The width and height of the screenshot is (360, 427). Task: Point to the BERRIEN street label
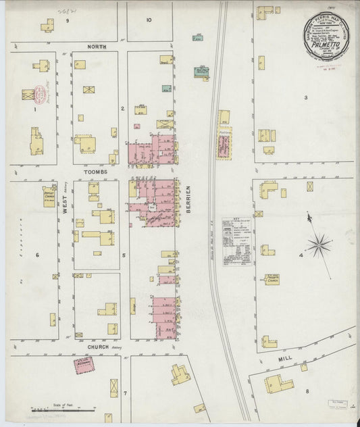point(188,199)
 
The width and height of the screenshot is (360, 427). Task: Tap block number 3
point(305,98)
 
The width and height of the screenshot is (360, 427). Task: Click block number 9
point(67,20)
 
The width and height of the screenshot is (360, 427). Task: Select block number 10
point(149,20)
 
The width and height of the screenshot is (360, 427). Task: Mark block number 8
point(306,391)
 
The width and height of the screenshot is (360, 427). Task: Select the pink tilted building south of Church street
point(84,366)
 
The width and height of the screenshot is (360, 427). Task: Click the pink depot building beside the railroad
point(224,144)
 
